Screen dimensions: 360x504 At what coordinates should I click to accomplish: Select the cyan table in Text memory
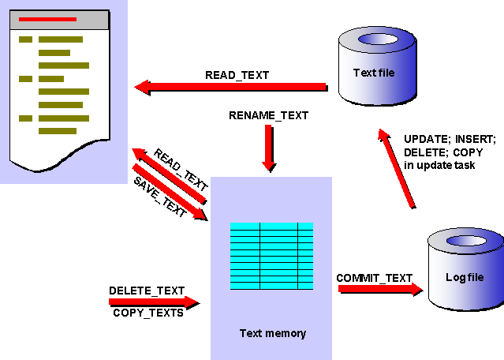[x=271, y=256]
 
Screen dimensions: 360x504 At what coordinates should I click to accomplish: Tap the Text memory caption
[x=272, y=333]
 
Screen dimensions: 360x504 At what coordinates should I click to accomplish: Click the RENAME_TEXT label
[x=268, y=115]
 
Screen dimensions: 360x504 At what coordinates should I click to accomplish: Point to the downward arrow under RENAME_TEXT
[x=269, y=148]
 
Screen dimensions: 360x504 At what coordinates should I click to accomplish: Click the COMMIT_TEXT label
[x=375, y=278]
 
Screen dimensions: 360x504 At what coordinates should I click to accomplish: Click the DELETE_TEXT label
[x=147, y=291]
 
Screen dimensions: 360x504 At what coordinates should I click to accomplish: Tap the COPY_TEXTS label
[x=148, y=313]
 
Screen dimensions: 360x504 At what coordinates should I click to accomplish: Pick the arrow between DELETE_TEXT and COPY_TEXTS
[x=154, y=302]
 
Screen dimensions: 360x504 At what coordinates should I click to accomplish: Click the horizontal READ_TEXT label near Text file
[x=237, y=76]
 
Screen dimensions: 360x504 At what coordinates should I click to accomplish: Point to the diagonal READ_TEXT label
[x=181, y=170]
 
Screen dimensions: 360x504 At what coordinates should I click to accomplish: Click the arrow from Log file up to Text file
[x=397, y=170]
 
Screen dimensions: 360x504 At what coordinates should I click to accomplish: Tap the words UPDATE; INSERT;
[x=449, y=137]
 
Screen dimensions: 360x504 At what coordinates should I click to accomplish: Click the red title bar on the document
[x=47, y=19]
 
